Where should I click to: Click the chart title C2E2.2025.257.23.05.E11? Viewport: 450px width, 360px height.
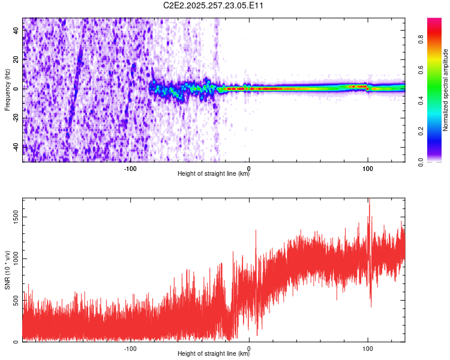[x=214, y=5]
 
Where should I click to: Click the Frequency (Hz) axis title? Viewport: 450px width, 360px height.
[x=7, y=90]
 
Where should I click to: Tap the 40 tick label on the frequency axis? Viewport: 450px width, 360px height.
[x=16, y=31]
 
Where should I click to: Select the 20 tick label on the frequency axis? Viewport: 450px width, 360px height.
[x=16, y=60]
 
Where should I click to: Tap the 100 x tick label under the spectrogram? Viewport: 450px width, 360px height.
[x=368, y=169]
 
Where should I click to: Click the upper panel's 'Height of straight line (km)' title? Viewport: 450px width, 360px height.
[x=214, y=175]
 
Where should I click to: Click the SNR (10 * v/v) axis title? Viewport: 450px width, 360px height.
[x=7, y=270]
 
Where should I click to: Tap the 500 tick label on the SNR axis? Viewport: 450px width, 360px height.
[x=14, y=300]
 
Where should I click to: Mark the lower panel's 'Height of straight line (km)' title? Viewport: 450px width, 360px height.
[x=214, y=353]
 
